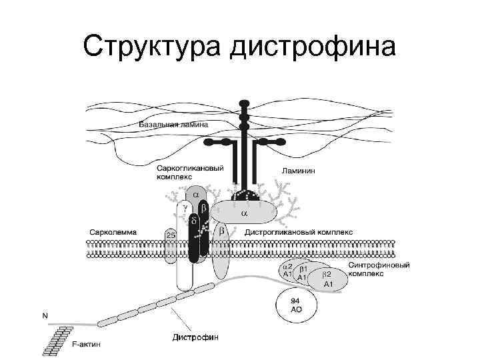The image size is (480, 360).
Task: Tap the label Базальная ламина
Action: coord(173,125)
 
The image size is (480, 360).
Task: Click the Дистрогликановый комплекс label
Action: coord(299,232)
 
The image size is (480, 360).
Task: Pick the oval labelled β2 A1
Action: coord(328,279)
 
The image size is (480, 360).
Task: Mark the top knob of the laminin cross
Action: coord(245,105)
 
